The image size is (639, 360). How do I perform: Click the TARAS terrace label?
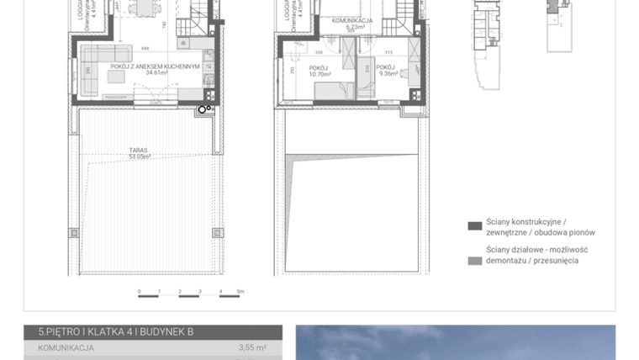point(139,150)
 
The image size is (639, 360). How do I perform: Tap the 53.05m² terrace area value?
point(139,156)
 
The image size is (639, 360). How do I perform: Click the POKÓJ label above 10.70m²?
point(318,67)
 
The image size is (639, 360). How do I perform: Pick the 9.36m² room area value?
point(386,74)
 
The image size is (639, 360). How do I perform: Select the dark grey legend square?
point(474,225)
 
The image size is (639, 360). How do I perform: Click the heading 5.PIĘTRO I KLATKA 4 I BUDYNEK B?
point(109,332)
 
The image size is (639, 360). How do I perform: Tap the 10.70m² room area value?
point(318,74)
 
